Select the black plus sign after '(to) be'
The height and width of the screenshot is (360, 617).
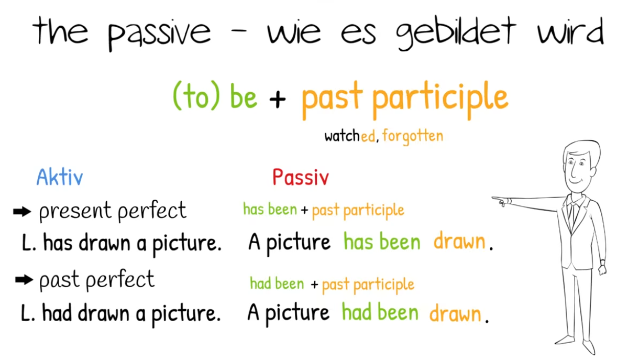coord(278,99)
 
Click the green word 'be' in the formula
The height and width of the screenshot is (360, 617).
coord(243,96)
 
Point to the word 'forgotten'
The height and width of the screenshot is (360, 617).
coord(413,136)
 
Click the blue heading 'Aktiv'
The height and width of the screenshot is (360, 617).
coord(59,177)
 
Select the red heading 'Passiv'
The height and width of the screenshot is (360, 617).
coord(301,177)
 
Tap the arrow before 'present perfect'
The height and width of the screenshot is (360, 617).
coord(22,212)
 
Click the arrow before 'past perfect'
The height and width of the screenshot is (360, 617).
coord(24,280)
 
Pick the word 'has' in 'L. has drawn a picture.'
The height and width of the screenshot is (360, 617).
coord(58,242)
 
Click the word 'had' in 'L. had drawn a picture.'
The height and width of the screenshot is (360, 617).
coord(57,313)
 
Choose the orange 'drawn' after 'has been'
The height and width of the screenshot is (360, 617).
coord(459,241)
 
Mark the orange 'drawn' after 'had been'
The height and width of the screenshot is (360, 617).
coord(455,313)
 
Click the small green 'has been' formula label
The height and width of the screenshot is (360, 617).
coord(270,209)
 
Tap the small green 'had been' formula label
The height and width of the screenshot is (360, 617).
coord(277,283)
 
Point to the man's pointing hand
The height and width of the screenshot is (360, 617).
coord(501,201)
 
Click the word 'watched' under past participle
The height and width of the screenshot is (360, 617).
coord(349,136)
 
